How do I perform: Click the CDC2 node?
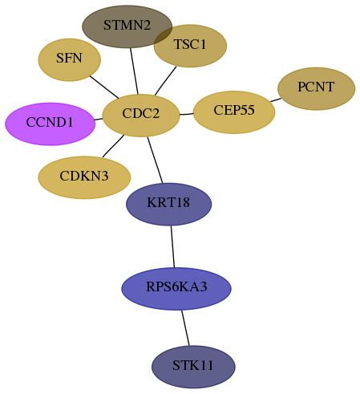click(x=141, y=116)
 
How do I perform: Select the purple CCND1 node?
click(x=50, y=124)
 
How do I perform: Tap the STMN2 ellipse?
click(x=127, y=26)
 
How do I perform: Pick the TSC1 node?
click(x=190, y=46)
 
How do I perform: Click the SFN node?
click(x=70, y=60)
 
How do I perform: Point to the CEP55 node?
click(x=234, y=112)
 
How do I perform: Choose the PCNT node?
click(x=317, y=88)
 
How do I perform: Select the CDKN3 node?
click(x=84, y=177)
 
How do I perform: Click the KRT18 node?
click(x=169, y=204)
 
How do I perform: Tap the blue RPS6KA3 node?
click(x=176, y=289)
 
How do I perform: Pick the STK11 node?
click(x=193, y=367)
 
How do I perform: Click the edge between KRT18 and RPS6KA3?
click(x=172, y=246)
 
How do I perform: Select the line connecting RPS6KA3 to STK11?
click(x=185, y=328)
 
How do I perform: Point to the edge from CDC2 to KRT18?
click(x=155, y=160)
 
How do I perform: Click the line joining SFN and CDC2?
click(x=104, y=87)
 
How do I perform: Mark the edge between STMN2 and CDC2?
click(x=134, y=71)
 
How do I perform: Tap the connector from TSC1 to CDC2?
click(x=165, y=81)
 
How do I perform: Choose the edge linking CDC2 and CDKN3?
click(x=113, y=146)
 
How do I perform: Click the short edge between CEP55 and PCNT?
click(x=276, y=100)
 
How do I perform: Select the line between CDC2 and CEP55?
click(x=186, y=114)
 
